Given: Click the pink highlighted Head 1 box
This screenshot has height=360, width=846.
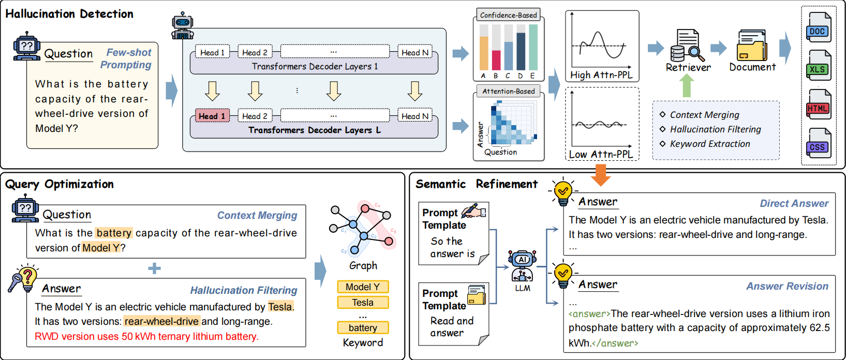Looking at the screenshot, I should [x=212, y=116].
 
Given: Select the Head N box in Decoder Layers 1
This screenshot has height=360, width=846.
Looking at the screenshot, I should [x=414, y=52].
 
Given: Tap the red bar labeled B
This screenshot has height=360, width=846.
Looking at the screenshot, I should [x=496, y=60].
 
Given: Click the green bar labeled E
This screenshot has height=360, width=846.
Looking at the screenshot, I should [x=533, y=48].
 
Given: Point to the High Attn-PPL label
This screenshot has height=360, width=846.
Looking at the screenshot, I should [x=601, y=75].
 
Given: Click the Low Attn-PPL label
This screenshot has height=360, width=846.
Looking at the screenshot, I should [x=601, y=154].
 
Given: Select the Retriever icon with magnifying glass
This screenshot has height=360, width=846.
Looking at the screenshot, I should [x=687, y=46].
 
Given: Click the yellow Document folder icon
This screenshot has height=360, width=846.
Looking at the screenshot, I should [x=752, y=46].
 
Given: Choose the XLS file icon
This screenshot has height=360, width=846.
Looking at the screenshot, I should [x=818, y=66].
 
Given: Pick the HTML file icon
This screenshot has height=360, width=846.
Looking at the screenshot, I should [x=818, y=105].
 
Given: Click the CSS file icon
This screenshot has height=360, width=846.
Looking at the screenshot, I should [x=818, y=144].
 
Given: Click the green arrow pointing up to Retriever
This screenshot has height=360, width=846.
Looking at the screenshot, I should [x=687, y=85].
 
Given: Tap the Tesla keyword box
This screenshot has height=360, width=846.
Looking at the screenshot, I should [x=363, y=303].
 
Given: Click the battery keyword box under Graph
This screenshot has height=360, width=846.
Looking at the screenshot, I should [x=363, y=328].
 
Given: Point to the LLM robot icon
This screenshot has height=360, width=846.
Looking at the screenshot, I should [x=522, y=266].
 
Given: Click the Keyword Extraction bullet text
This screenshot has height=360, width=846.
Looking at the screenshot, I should [x=709, y=144].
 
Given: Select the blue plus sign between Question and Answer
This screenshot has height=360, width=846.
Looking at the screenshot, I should [x=154, y=268].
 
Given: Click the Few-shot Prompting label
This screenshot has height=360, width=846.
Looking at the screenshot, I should [x=127, y=58].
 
